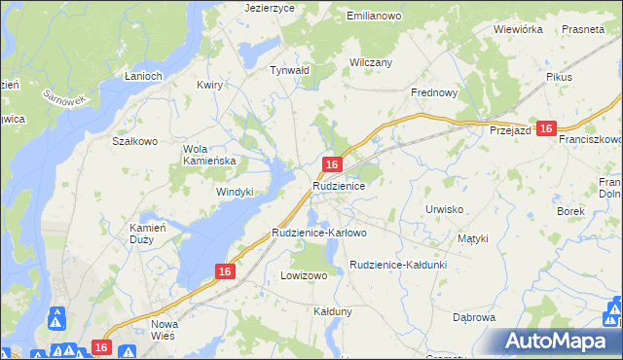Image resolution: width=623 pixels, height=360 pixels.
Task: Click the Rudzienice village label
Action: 339,185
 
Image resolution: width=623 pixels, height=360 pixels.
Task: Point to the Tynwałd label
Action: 289,70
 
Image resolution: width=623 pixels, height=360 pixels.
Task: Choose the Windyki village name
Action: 235,192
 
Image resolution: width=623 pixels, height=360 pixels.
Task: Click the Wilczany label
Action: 371,62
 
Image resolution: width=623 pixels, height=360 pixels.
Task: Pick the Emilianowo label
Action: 375,16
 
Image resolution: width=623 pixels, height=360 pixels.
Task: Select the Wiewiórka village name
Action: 517,29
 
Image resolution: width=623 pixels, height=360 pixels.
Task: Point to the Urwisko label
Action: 443,209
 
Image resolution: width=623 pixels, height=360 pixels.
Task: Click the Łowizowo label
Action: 304,275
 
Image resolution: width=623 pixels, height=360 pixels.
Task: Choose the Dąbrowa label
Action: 475,317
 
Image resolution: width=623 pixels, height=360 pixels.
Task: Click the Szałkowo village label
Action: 135,141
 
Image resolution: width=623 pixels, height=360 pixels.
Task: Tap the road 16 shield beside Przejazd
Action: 546,128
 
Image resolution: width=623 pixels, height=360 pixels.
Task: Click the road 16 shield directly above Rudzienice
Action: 333,165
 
